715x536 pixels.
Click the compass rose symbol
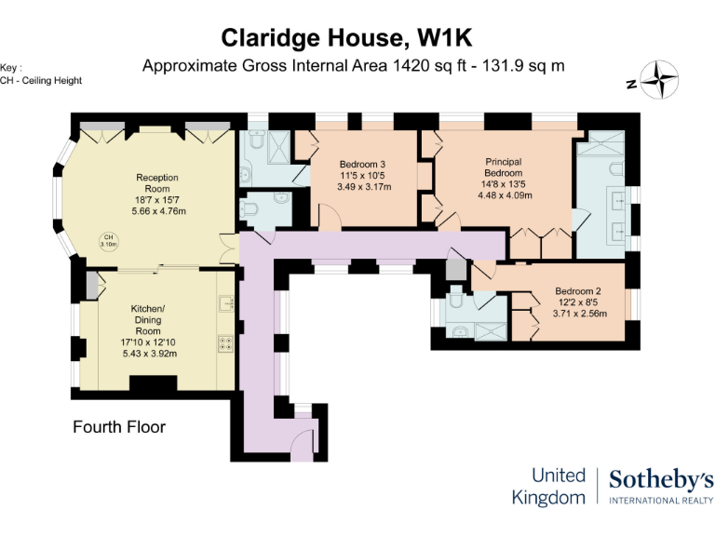click(659, 80)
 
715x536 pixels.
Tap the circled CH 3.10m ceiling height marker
click(109, 241)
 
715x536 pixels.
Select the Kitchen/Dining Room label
click(148, 319)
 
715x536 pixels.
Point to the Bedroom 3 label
click(362, 164)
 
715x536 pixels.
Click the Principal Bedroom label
click(504, 167)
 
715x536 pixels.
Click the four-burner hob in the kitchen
click(226, 343)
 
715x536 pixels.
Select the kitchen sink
click(226, 303)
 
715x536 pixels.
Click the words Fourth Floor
click(119, 427)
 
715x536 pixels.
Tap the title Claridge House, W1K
click(346, 38)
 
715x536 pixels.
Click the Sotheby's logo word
click(662, 481)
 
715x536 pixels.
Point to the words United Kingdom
click(549, 487)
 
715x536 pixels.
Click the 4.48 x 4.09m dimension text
click(505, 195)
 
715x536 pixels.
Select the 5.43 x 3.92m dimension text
click(150, 354)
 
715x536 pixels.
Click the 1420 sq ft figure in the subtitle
click(429, 66)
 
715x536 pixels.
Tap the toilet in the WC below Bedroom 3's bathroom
click(250, 208)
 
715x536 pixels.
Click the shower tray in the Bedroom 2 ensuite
click(491, 331)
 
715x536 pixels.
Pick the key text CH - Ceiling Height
click(41, 81)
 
